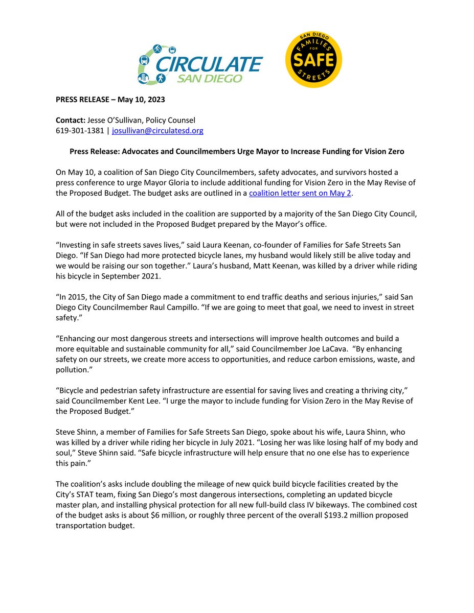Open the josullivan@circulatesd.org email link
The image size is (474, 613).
(157, 131)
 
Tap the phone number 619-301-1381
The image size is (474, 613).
(80, 131)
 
